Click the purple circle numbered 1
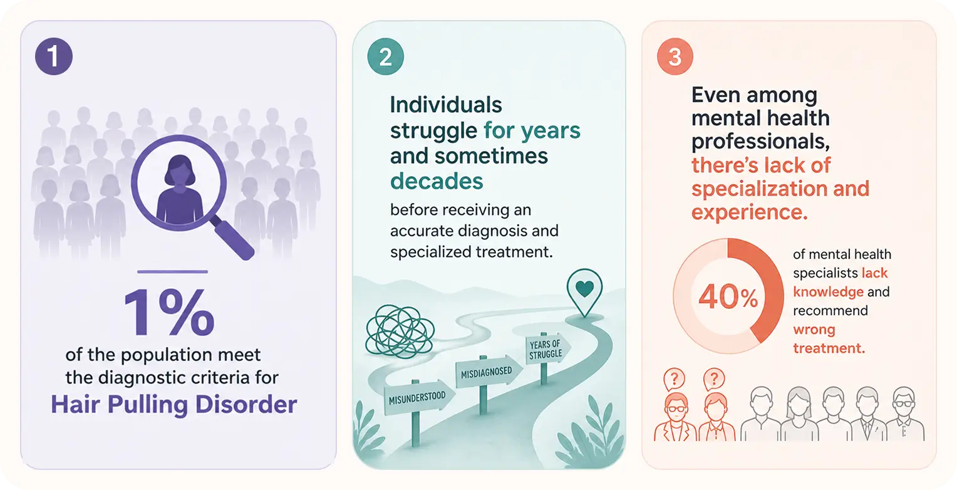click(x=54, y=56)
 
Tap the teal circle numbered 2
click(x=385, y=56)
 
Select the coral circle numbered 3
click(x=675, y=56)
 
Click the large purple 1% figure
click(x=169, y=312)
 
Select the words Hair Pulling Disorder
click(x=174, y=404)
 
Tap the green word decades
click(x=437, y=181)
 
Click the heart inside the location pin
click(x=584, y=289)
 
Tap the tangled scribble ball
click(x=400, y=331)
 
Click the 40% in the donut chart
click(x=728, y=297)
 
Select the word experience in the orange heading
click(x=749, y=212)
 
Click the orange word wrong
click(x=814, y=329)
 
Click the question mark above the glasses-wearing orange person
click(x=675, y=378)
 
